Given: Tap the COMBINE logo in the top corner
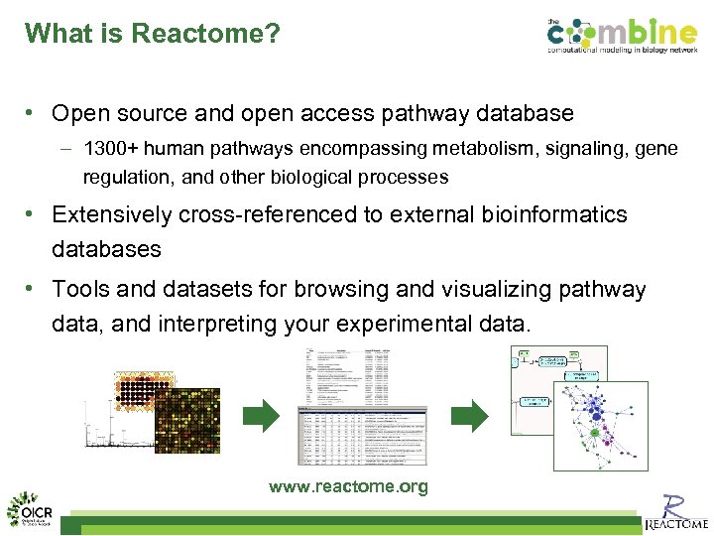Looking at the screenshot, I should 624,38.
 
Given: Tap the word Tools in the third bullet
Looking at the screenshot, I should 80,290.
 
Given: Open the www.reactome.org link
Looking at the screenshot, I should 348,486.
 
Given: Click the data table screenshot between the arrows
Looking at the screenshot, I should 363,407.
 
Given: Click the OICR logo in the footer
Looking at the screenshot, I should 32,510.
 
